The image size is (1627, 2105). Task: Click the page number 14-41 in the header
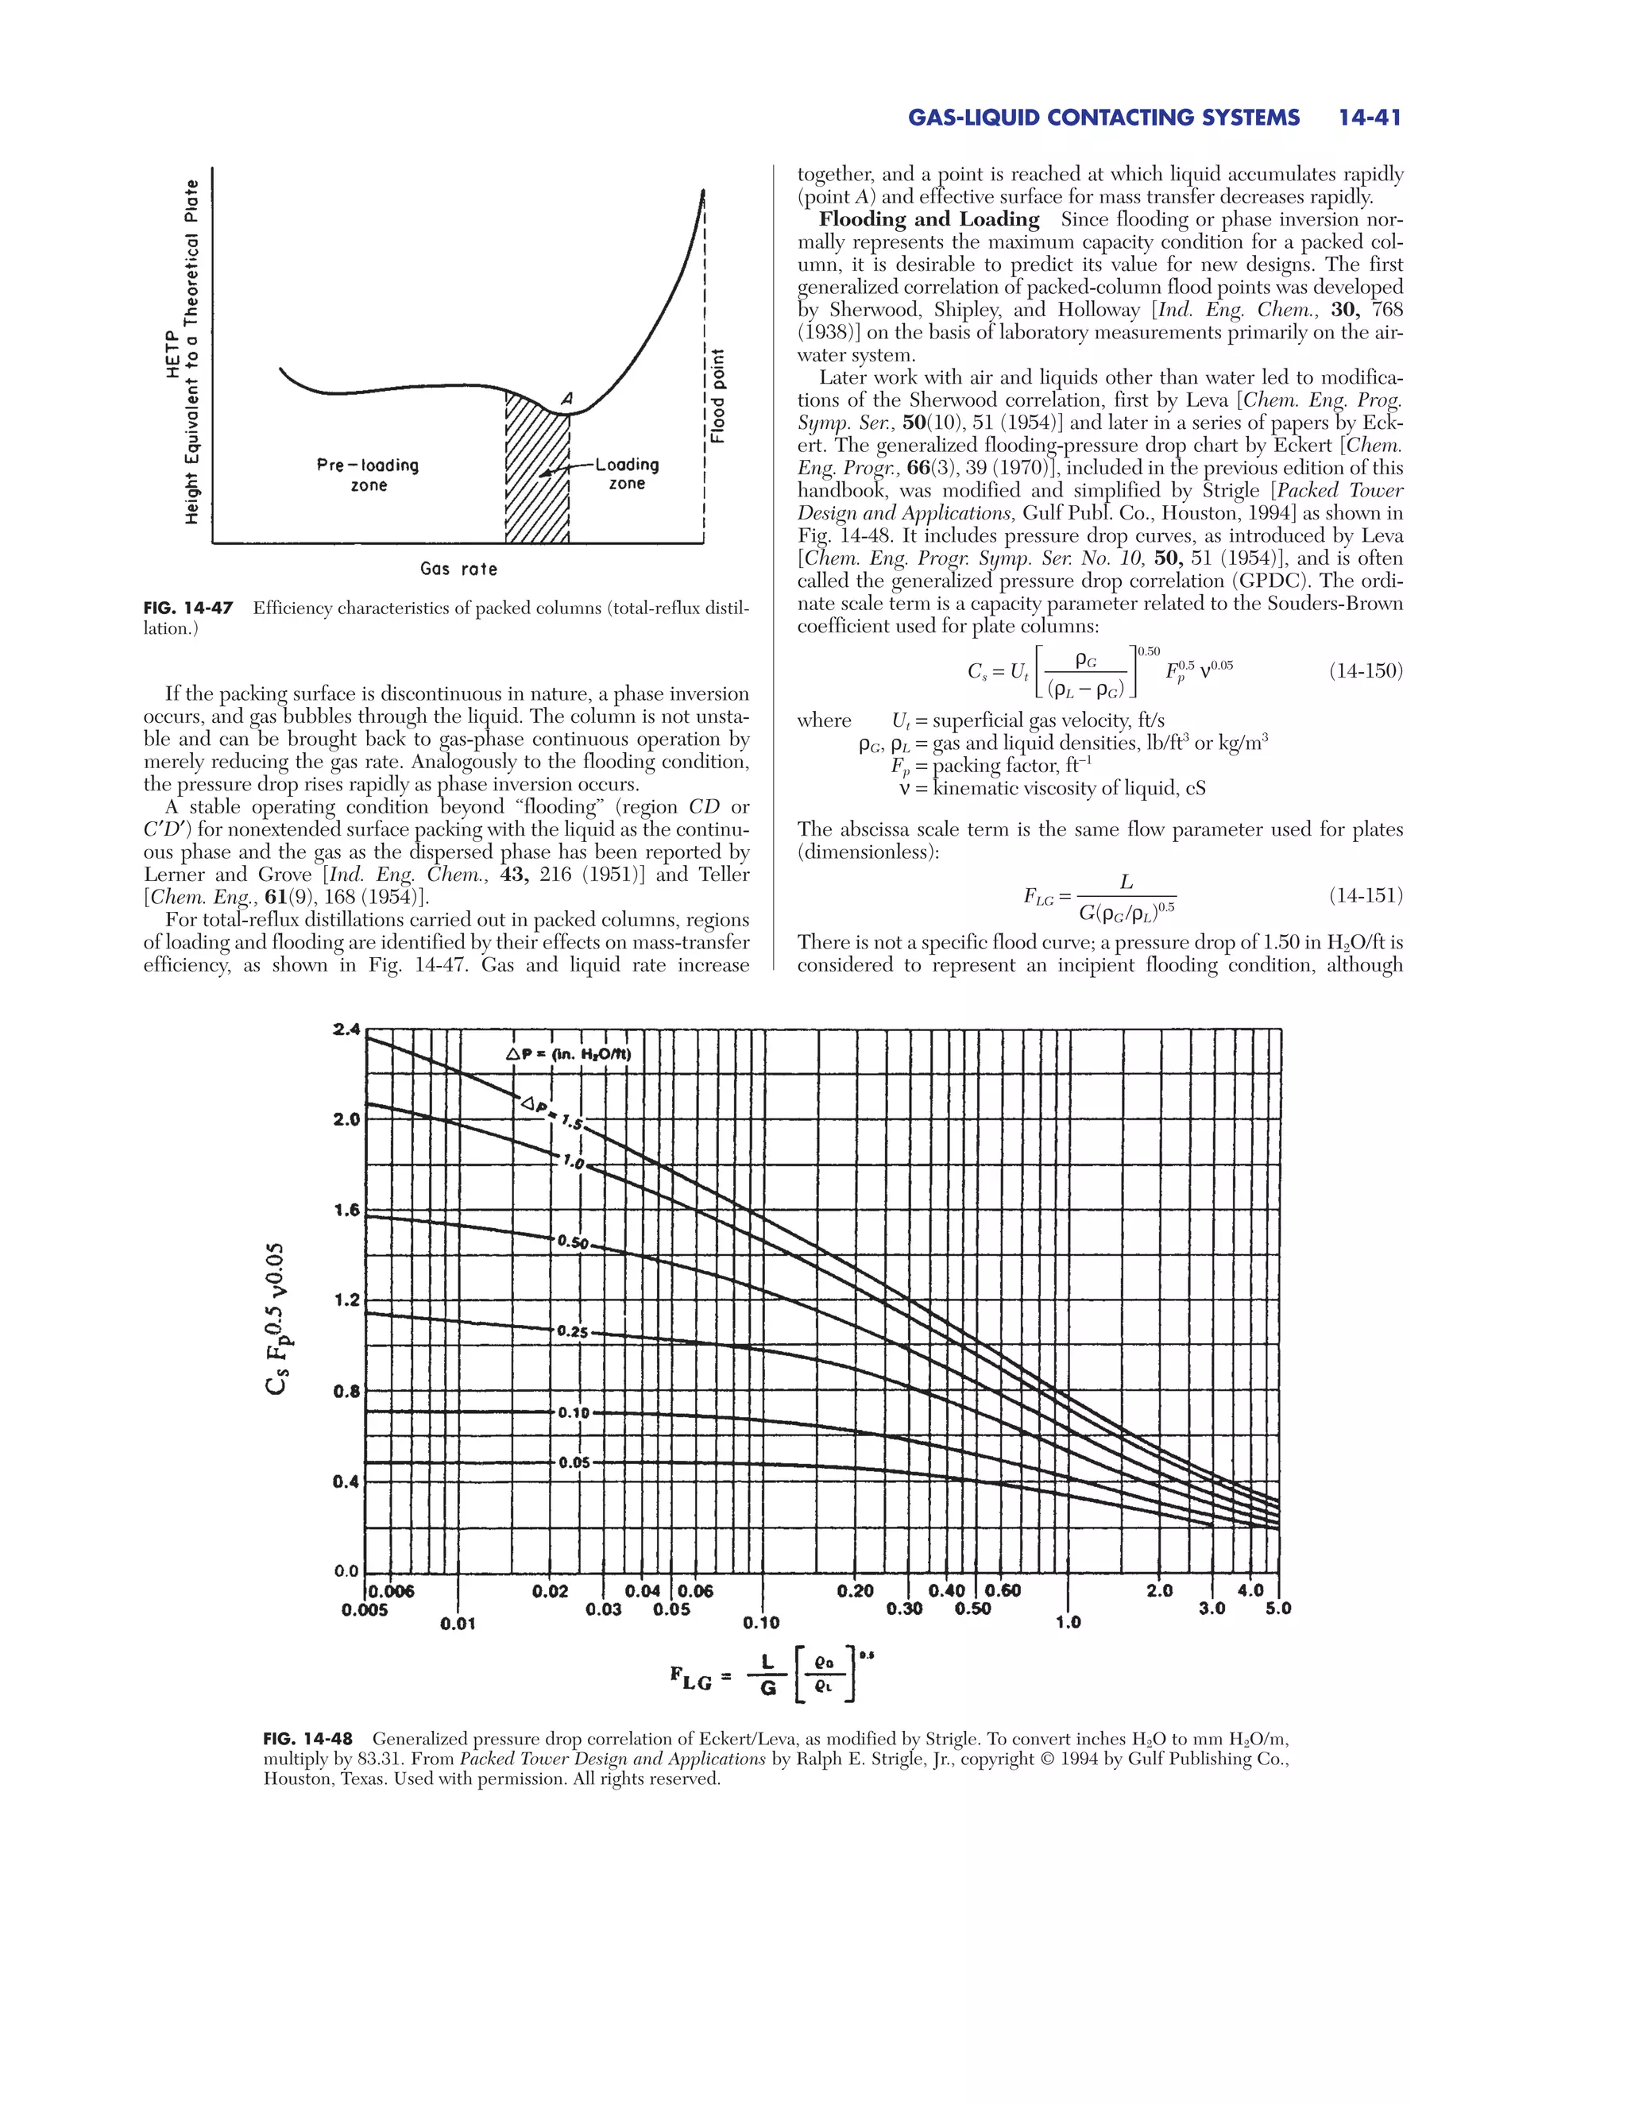click(1369, 118)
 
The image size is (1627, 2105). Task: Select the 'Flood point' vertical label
click(717, 395)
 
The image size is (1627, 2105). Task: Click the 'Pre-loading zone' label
click(368, 475)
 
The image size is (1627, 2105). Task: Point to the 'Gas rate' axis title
click(459, 569)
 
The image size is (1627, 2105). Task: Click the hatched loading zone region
click(537, 482)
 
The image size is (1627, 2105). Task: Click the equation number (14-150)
click(1366, 671)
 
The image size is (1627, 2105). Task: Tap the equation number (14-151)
click(1366, 895)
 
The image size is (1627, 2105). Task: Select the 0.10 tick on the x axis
click(761, 1622)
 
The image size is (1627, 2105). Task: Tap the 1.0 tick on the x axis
click(1068, 1622)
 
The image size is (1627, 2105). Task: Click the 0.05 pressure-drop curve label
click(574, 1462)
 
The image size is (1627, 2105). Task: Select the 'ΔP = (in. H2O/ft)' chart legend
click(568, 1054)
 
